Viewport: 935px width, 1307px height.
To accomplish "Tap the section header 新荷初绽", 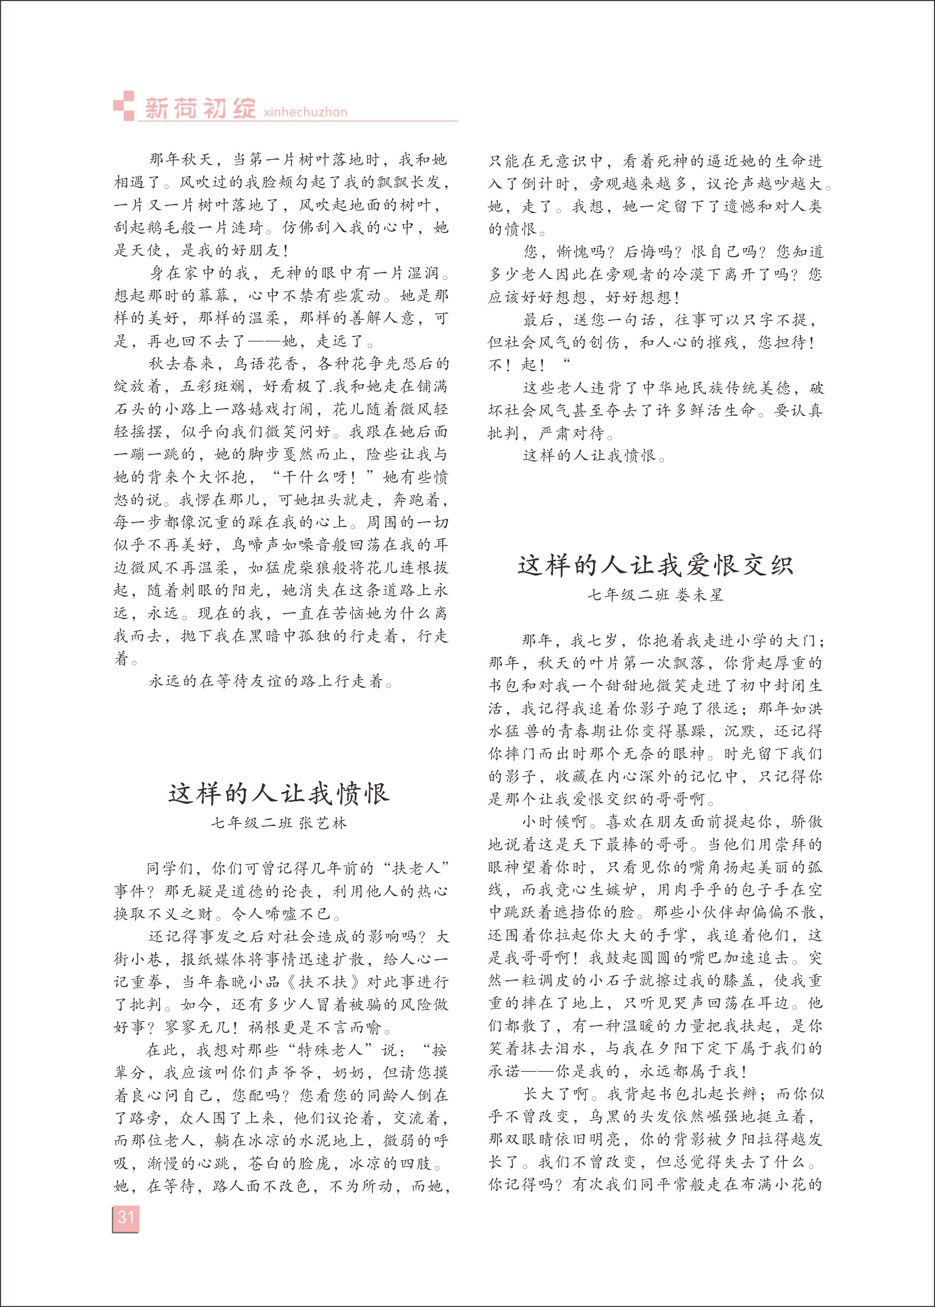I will click(200, 108).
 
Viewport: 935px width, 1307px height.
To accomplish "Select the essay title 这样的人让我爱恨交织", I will click(655, 565).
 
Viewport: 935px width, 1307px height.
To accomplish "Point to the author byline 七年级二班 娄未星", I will click(655, 595).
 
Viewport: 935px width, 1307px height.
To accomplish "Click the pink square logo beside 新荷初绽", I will click(123, 106).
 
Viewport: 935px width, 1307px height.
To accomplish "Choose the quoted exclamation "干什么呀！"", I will click(321, 477).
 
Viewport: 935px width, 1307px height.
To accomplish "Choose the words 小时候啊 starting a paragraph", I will click(554, 822).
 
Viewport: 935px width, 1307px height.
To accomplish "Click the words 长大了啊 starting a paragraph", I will click(554, 1094).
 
